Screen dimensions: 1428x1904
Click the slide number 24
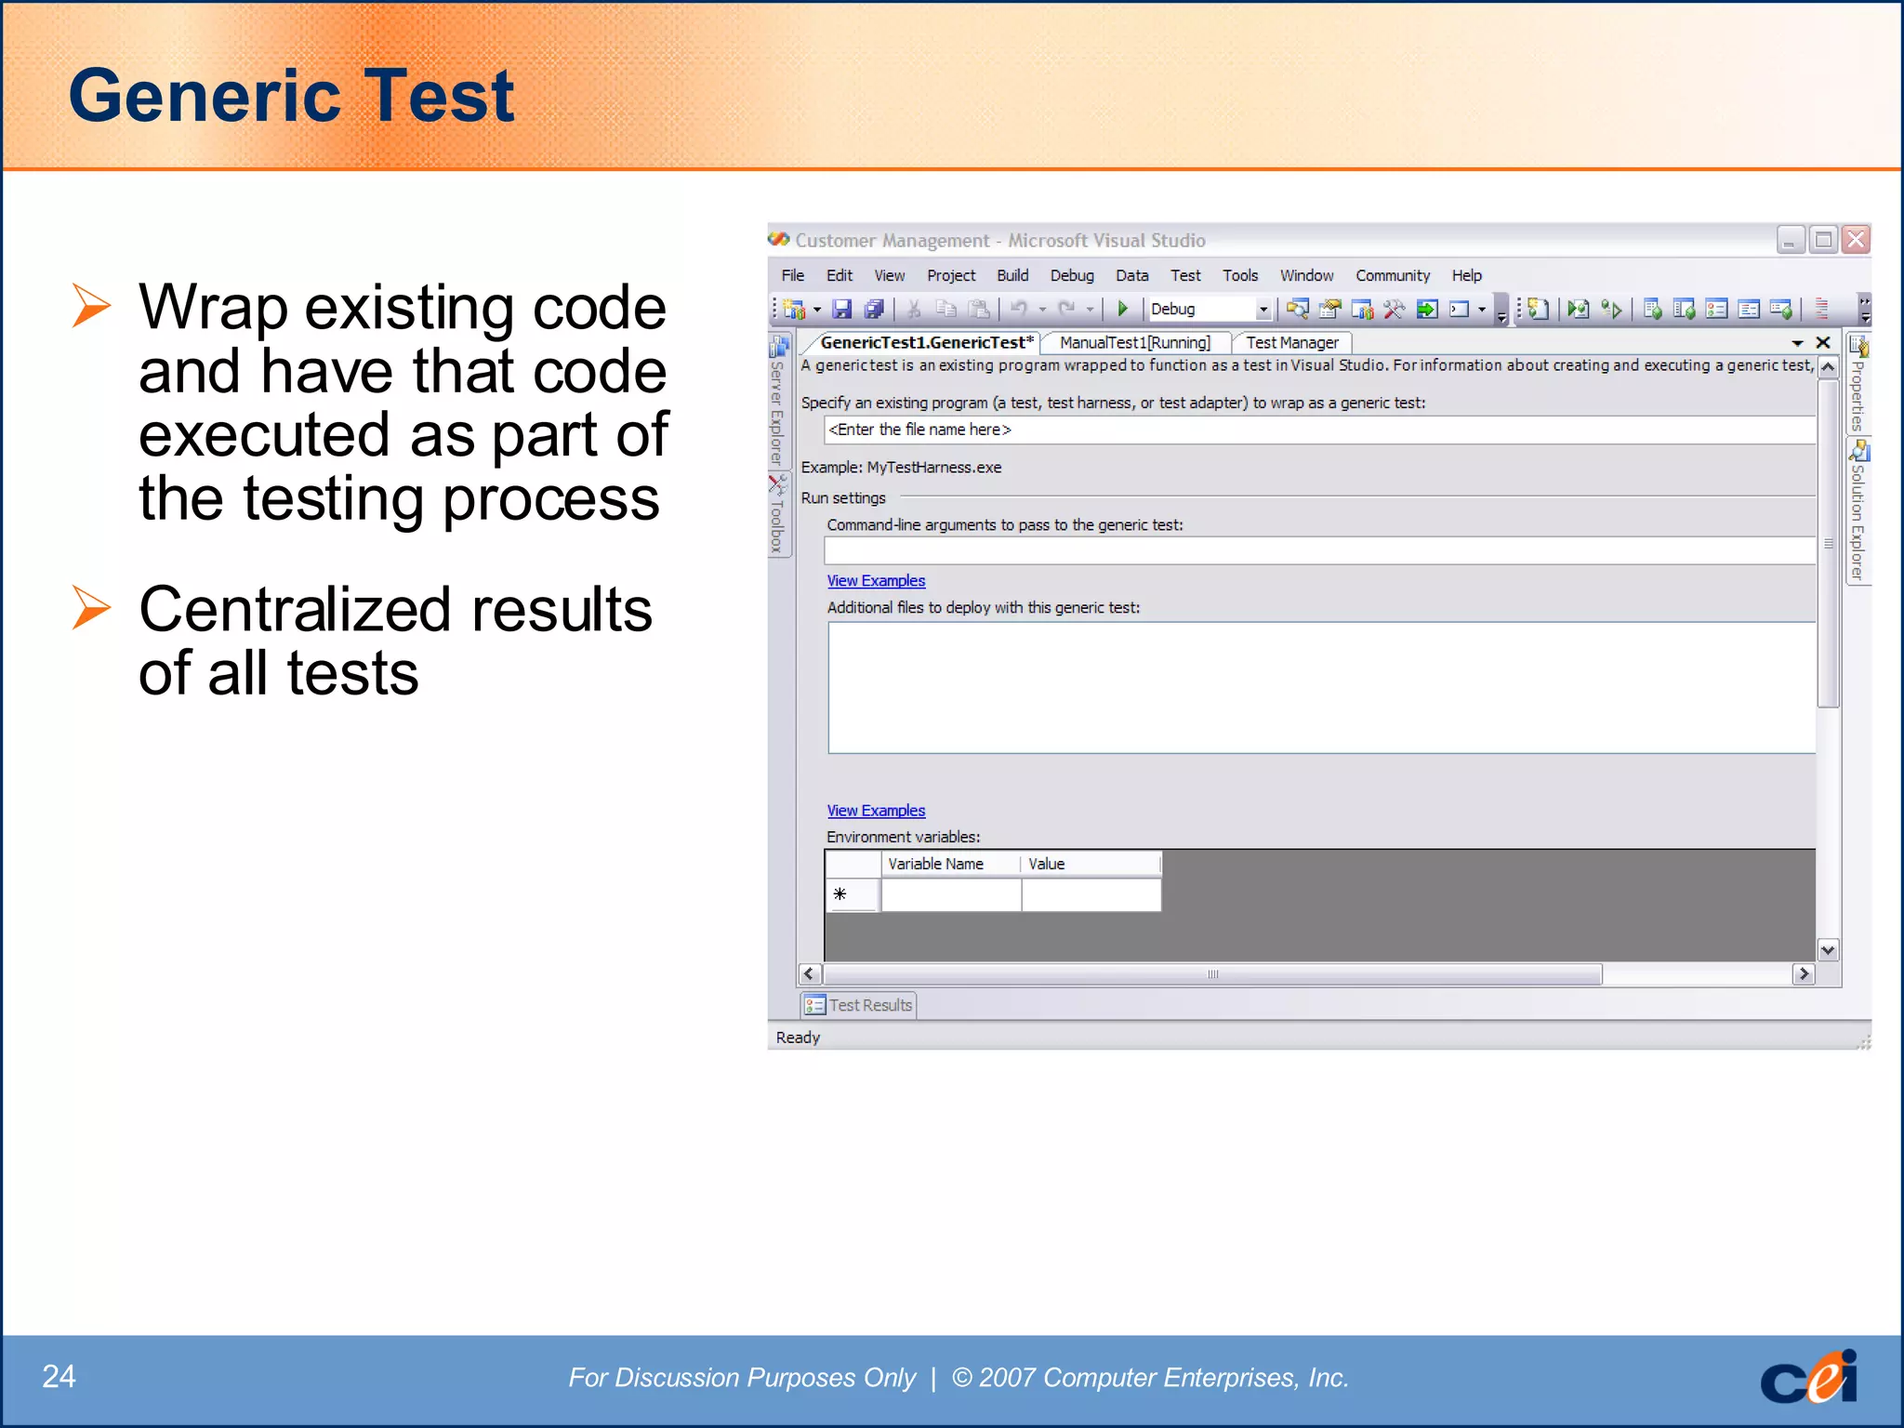[59, 1376]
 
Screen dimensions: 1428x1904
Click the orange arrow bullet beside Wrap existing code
[91, 306]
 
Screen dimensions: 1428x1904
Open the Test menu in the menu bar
[1184, 275]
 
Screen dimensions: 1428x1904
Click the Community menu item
[1392, 275]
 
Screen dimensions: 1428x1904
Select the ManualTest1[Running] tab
[1134, 342]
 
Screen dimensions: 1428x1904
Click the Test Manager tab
[1291, 342]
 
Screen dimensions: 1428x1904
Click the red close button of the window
[1856, 240]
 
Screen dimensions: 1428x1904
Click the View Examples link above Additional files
[876, 580]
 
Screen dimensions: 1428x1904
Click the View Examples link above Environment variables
[876, 811]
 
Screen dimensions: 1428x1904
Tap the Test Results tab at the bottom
[859, 1005]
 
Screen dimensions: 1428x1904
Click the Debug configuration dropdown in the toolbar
[1209, 309]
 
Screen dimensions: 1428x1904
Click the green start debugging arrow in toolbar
[1122, 309]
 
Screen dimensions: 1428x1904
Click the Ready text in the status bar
[798, 1038]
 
